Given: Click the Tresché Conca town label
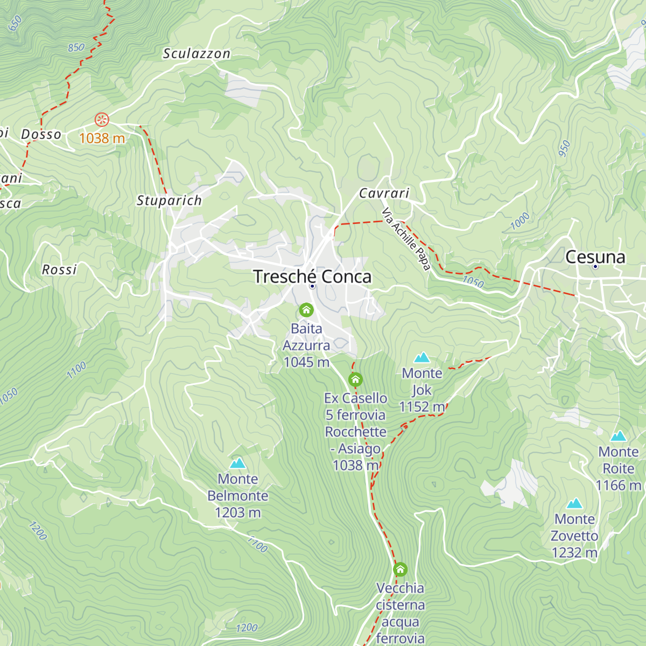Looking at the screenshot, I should click(x=312, y=277).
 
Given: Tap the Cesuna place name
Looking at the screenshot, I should click(x=595, y=257).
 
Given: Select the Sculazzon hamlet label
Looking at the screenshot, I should click(x=196, y=53).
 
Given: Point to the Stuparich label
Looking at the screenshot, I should click(x=169, y=201).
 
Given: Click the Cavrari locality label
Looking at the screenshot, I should click(x=384, y=193).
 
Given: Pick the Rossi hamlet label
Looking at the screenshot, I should click(x=59, y=269).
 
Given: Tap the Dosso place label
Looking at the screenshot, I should click(x=41, y=134).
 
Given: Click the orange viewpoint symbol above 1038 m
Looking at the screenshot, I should click(x=101, y=119).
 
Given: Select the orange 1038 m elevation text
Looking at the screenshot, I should click(x=102, y=138).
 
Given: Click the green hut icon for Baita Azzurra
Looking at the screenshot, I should click(x=306, y=310).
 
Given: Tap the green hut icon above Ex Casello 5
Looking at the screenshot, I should click(x=355, y=380).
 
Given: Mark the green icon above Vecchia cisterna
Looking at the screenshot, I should click(x=400, y=569).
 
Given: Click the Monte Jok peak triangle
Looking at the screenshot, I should click(x=422, y=357).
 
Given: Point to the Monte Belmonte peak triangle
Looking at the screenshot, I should click(x=237, y=463).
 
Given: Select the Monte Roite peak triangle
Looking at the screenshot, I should click(x=619, y=436).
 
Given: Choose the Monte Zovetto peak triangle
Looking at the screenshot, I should click(x=574, y=503).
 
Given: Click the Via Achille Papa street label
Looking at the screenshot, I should click(x=406, y=239).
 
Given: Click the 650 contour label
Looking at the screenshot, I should click(x=15, y=23).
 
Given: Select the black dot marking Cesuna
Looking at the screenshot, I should click(x=595, y=266).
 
